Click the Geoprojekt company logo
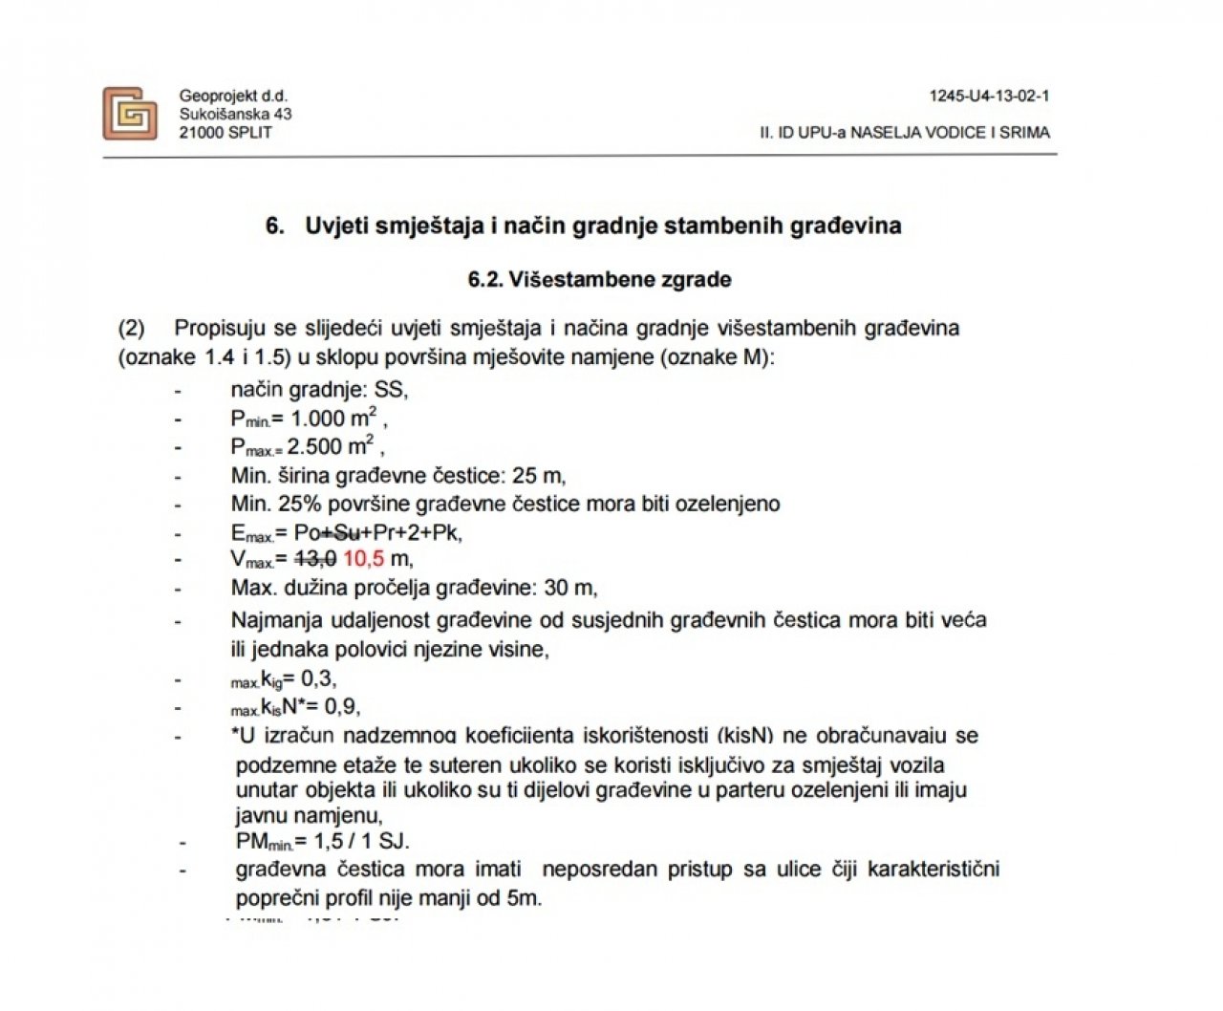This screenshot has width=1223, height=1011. click(129, 114)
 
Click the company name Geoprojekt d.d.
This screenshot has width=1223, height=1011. click(233, 96)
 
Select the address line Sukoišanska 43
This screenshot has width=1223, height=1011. click(235, 114)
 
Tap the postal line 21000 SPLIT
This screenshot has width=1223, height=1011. click(225, 132)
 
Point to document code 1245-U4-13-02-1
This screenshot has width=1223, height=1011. click(989, 96)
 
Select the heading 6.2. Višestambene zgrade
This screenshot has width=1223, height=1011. click(599, 280)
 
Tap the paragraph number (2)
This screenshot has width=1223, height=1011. click(131, 329)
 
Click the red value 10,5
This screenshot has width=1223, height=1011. click(364, 559)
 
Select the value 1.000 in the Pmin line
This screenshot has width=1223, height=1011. click(318, 419)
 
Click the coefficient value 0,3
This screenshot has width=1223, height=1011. click(317, 679)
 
